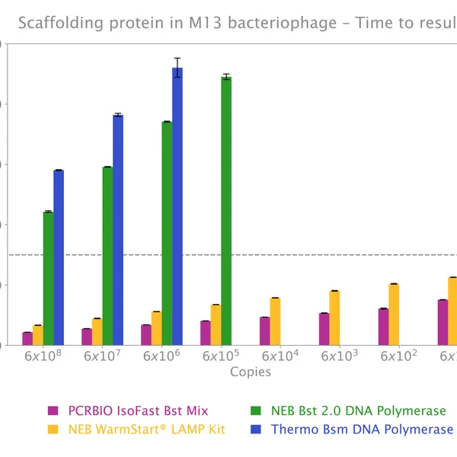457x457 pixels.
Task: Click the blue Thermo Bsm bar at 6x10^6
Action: click(x=177, y=206)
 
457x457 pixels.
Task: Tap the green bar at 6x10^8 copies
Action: click(x=48, y=278)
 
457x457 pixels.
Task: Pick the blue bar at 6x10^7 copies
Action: click(x=118, y=229)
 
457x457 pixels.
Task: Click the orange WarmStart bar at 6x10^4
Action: click(x=275, y=321)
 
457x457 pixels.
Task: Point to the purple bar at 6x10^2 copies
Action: click(x=383, y=327)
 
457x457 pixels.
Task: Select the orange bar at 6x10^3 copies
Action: click(x=334, y=318)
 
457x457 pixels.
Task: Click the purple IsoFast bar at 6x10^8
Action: click(x=27, y=339)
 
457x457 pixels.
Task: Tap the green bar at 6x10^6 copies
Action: click(x=167, y=233)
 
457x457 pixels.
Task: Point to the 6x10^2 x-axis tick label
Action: click(x=399, y=356)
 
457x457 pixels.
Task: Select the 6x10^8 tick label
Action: click(x=43, y=356)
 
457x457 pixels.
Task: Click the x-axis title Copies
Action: click(x=251, y=372)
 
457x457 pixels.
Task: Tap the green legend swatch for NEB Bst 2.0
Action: click(x=257, y=411)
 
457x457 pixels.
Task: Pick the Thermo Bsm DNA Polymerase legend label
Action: click(x=362, y=430)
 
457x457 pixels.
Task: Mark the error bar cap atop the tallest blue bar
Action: click(x=177, y=58)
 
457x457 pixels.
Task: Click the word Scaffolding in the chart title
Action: click(x=54, y=23)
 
